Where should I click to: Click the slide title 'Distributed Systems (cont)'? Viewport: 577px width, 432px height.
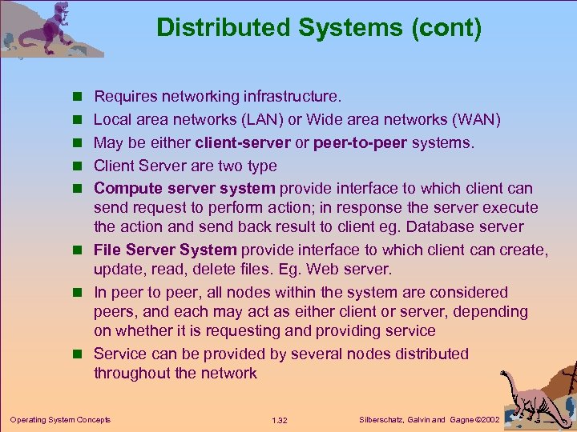319,28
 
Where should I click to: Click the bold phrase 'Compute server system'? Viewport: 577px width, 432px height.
185,189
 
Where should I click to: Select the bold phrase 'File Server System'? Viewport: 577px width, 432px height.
166,250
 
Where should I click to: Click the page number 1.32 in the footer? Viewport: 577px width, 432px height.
280,420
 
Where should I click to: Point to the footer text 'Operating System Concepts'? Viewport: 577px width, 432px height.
60,419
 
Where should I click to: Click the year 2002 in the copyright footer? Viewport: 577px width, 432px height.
486,420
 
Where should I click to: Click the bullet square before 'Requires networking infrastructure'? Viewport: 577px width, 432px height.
79,98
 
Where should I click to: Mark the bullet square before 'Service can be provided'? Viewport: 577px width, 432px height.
79,354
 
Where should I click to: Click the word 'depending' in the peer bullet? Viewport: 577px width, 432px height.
493,311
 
